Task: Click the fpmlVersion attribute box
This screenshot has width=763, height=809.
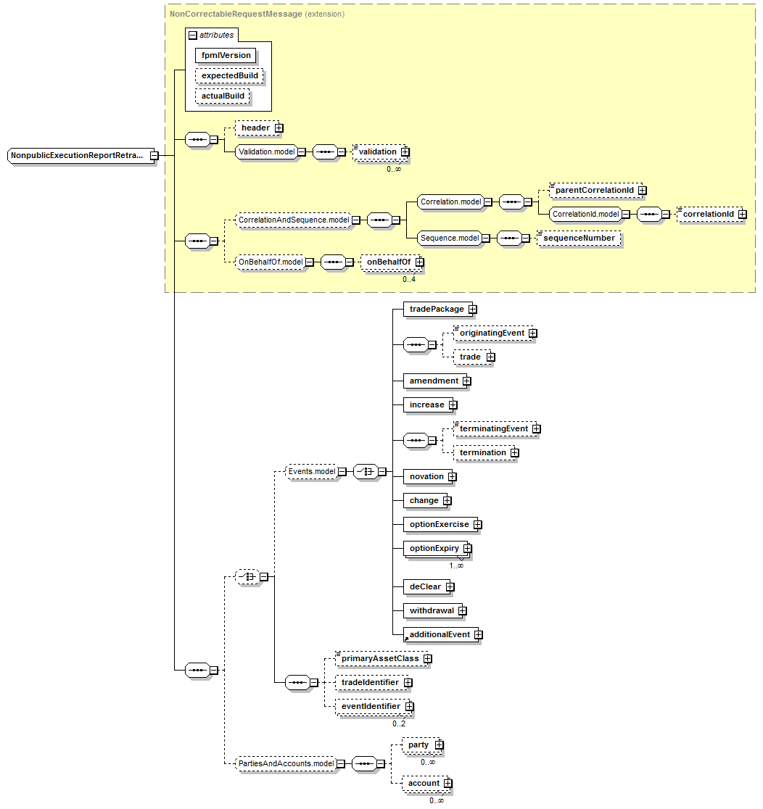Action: [x=226, y=55]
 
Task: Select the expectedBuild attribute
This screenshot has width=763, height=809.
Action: [x=229, y=75]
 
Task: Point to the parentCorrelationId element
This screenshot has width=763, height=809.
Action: [x=594, y=191]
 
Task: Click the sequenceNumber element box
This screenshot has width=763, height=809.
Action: [x=579, y=238]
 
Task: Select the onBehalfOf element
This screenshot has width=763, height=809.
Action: [x=388, y=262]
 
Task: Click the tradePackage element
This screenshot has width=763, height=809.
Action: [x=436, y=309]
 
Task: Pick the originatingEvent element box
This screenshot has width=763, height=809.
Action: [x=492, y=333]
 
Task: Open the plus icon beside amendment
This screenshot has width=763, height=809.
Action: [x=467, y=381]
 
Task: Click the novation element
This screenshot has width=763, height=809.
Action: [x=426, y=476]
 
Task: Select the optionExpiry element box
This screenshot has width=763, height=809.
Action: [x=434, y=548]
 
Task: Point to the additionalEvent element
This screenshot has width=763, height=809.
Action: [x=440, y=634]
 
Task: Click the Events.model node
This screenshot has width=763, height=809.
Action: [x=311, y=472]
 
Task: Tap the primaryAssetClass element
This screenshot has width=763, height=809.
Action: [x=380, y=659]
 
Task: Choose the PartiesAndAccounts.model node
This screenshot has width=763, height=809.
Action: [x=286, y=763]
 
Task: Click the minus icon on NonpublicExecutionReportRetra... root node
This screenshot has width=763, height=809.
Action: [x=154, y=155]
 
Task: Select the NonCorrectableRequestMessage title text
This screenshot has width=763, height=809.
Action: [x=231, y=14]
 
